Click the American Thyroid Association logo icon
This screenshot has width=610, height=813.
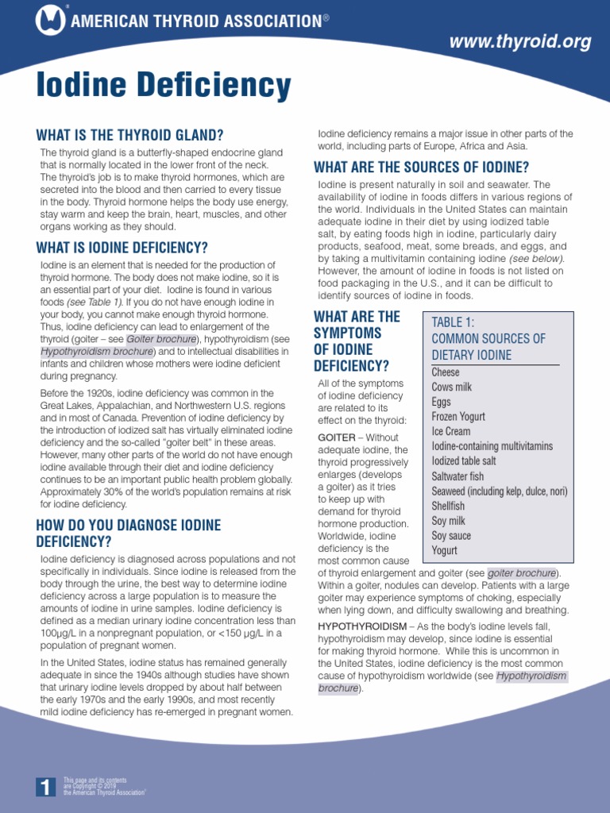coord(51,20)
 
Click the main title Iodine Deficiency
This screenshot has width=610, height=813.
coord(164,86)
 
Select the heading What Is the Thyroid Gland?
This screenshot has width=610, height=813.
coord(130,135)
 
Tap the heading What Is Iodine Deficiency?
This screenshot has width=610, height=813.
coord(122,247)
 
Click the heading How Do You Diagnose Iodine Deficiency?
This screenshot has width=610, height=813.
coord(129,533)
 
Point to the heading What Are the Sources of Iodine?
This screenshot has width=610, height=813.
coord(422,167)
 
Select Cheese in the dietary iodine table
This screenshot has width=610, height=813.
coord(446,372)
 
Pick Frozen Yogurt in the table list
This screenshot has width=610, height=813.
coord(458,416)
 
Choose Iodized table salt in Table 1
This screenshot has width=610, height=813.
coord(464,460)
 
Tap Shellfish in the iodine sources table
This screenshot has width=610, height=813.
coord(448,506)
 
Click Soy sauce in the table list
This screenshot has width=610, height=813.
coord(451,536)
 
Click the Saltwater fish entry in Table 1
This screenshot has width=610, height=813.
coord(457,476)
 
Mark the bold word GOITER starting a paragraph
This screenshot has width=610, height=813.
coord(337,437)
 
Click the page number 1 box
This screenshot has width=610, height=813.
coord(46,787)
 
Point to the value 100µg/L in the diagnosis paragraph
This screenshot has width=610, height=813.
coord(62,632)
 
